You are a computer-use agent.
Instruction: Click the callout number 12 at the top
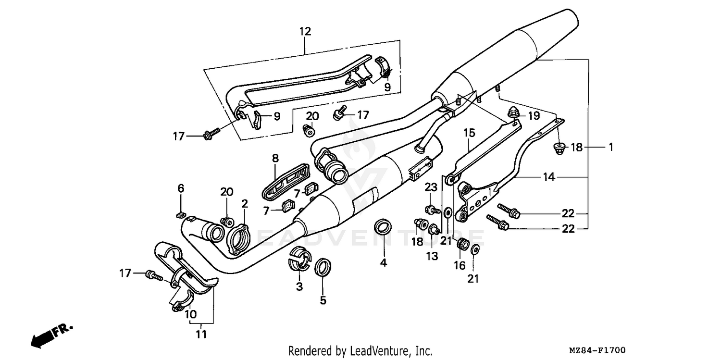(305, 32)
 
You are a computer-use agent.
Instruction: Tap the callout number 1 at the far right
(610, 148)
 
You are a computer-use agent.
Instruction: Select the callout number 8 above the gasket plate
(275, 158)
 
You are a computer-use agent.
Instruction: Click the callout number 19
(534, 116)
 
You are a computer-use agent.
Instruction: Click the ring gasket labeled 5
(323, 267)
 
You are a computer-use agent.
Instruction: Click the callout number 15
(469, 132)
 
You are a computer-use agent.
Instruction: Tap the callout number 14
(549, 177)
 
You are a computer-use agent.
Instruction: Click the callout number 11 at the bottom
(201, 334)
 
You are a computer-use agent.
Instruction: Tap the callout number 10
(190, 314)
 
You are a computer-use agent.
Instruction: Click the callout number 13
(432, 256)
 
